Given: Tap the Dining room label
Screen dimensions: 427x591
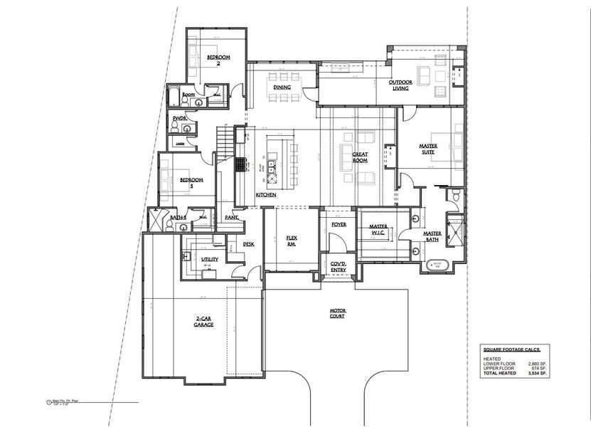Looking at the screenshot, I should (282, 87).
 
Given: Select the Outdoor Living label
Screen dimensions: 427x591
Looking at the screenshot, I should (400, 85).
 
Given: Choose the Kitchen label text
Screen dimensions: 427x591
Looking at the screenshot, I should (266, 194).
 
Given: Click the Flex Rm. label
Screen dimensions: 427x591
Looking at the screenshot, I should (292, 241).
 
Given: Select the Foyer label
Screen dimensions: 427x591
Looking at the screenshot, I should (339, 224).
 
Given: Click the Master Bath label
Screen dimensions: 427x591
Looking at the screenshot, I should (432, 236).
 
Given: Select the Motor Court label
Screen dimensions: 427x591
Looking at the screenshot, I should (337, 312).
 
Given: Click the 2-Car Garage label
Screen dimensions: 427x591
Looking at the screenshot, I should (205, 322).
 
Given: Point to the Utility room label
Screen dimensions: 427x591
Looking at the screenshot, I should (209, 260).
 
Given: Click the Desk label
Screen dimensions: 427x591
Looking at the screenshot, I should (248, 244).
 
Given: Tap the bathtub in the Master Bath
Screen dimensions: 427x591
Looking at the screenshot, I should (437, 265).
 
